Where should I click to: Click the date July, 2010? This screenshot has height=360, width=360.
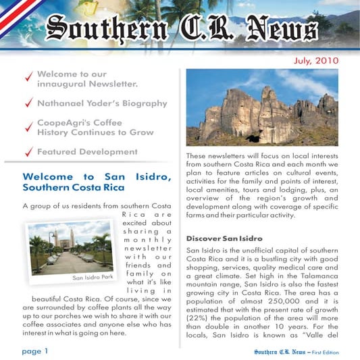click(316, 61)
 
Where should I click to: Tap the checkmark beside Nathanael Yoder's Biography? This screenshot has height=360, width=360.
click(28, 104)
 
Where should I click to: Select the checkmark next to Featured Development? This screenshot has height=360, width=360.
click(28, 153)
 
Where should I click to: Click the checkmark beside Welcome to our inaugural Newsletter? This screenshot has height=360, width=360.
click(28, 79)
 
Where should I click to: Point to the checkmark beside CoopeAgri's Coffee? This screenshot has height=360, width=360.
click(28, 128)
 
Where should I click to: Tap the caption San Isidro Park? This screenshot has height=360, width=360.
click(93, 277)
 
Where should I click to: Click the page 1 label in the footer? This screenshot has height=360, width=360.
click(35, 351)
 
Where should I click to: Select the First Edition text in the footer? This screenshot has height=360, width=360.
click(326, 352)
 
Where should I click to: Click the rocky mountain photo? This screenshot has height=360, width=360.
click(261, 107)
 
